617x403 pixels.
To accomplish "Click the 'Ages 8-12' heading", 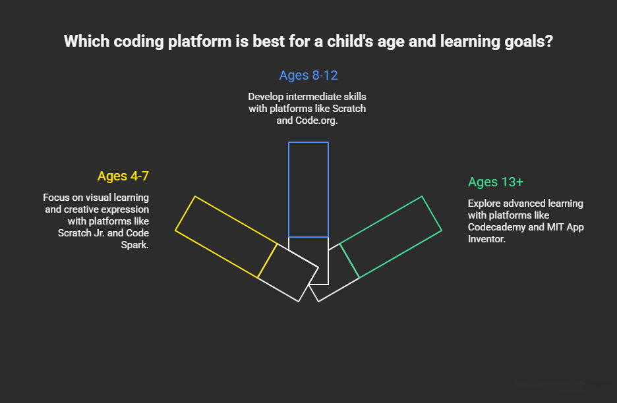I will [308, 75].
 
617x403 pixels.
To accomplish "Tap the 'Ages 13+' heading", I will [495, 182].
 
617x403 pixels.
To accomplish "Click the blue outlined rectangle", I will [308, 189].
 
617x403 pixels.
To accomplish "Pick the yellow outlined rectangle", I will [226, 236].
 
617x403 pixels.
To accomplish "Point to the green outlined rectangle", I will [391, 236].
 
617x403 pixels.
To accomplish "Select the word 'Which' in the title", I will [84, 41].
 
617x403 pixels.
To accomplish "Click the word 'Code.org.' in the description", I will [316, 121].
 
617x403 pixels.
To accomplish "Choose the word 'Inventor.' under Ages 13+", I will [486, 239].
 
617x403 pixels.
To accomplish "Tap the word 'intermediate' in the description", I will [313, 97].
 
